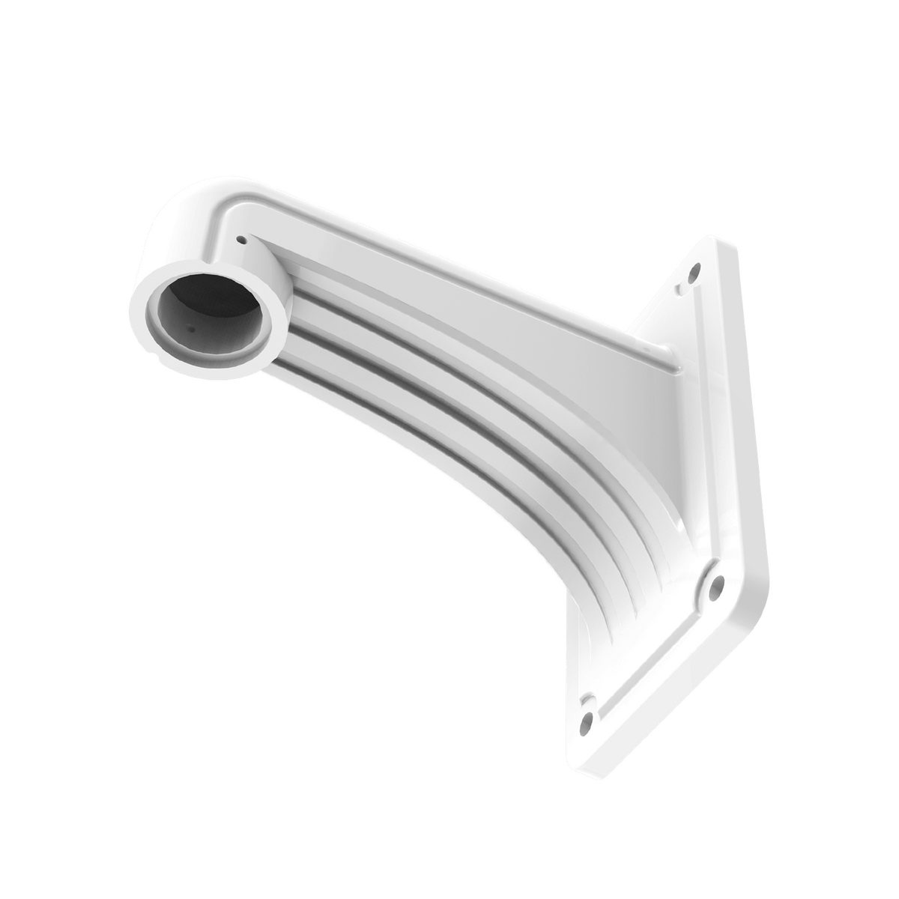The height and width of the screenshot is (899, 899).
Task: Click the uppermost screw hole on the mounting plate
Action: pos(696,267)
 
